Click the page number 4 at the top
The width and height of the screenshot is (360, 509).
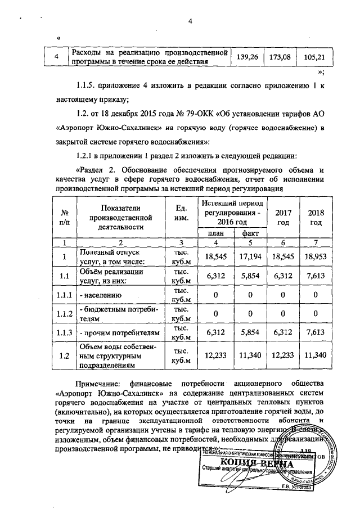coord(190,21)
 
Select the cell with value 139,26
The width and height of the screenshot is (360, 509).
coord(248,57)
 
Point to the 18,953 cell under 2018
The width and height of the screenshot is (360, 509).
coord(318,256)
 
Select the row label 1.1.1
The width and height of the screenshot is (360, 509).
coord(65,294)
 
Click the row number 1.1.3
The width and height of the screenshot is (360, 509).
coord(65,332)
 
